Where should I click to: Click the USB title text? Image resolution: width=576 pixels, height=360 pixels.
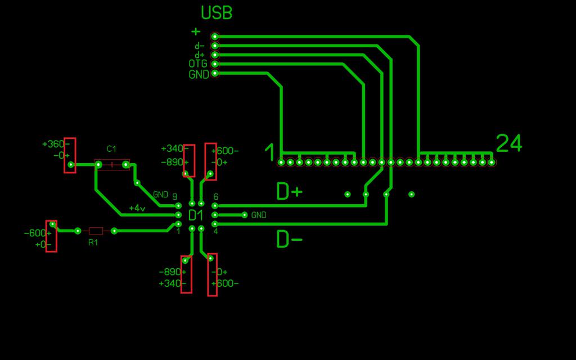(217, 13)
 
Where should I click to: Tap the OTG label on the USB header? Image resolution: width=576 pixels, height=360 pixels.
(198, 64)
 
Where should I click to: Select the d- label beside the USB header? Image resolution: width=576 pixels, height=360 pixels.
(200, 46)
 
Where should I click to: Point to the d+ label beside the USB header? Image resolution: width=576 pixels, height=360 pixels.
(200, 55)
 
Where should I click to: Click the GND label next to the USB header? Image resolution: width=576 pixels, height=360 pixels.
(199, 74)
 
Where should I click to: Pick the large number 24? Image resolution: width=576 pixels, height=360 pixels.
(509, 144)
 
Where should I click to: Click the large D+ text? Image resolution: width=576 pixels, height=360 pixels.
(289, 192)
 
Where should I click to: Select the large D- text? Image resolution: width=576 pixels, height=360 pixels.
(289, 240)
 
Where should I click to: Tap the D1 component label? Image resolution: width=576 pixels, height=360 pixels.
(196, 215)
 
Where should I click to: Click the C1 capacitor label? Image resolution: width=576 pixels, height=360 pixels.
(111, 149)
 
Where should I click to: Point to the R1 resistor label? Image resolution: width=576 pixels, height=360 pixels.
(93, 242)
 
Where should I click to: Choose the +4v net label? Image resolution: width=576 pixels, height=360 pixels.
(137, 208)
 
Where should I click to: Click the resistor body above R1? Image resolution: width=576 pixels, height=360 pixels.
(96, 231)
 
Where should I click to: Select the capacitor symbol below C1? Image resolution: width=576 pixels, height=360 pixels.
(112, 165)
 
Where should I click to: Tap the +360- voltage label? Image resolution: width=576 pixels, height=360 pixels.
(53, 144)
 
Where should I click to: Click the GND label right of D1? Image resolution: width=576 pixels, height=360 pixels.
(259, 215)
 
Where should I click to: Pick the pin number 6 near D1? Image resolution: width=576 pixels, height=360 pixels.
(216, 197)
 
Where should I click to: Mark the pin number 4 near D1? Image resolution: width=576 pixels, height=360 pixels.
(216, 231)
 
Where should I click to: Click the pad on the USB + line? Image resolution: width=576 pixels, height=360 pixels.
(214, 37)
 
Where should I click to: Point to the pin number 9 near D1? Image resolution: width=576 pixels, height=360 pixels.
(175, 196)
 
